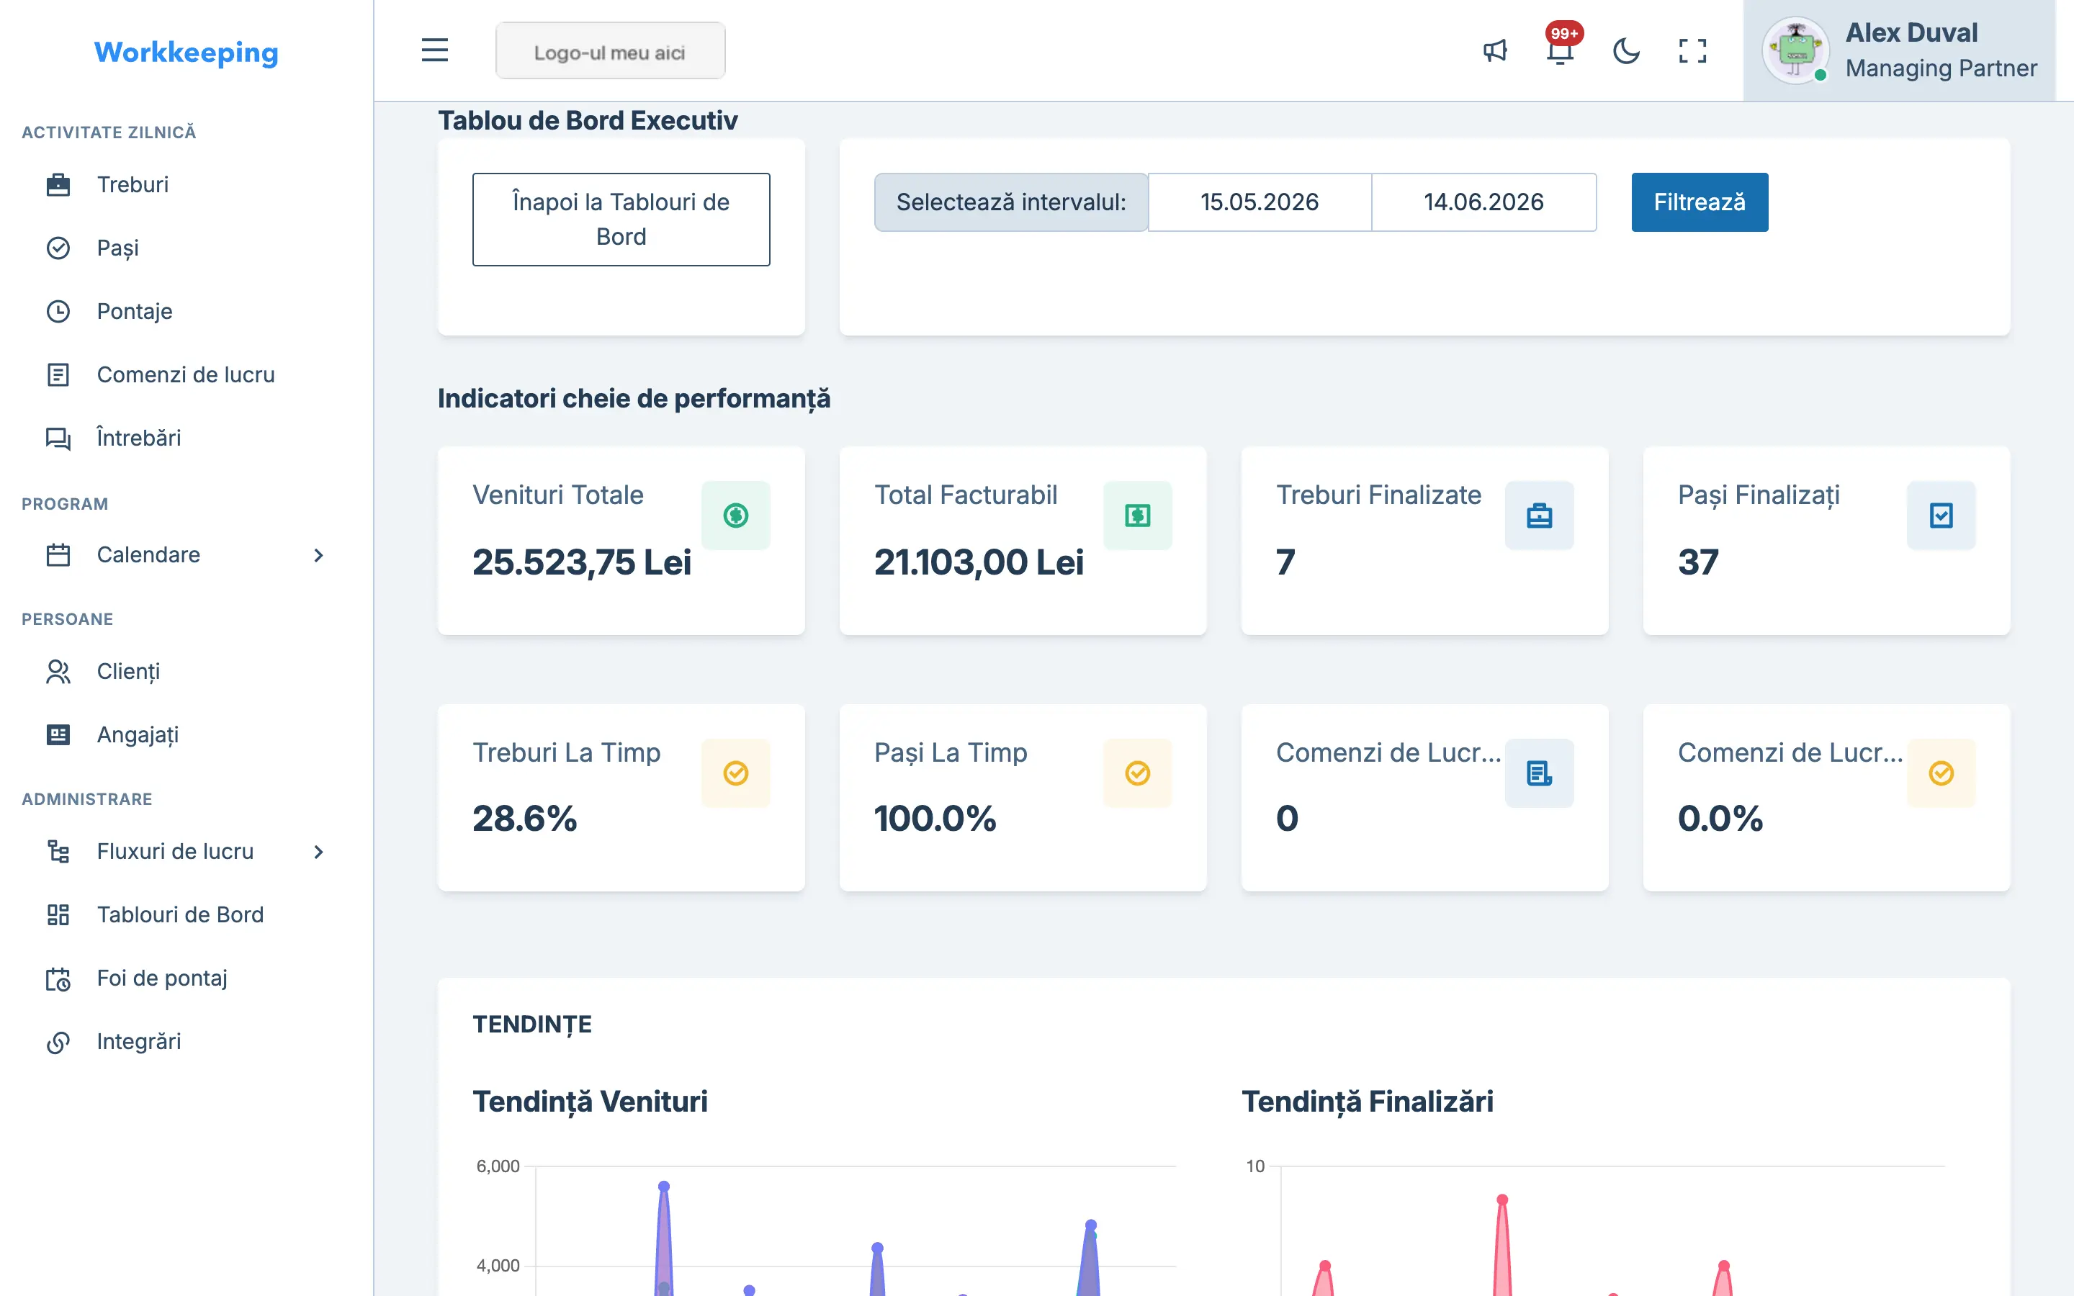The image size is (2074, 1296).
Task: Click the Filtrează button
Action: [x=1699, y=202]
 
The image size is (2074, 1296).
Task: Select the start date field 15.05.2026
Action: [x=1259, y=202]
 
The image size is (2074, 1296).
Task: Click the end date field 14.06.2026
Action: [x=1483, y=202]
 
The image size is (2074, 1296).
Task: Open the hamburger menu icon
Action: [x=434, y=50]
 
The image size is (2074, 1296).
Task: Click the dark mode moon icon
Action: [x=1626, y=50]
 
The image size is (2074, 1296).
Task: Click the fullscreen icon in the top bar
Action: [x=1692, y=50]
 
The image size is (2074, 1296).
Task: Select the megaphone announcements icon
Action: [x=1495, y=50]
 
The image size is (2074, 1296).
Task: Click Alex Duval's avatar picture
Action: [x=1795, y=50]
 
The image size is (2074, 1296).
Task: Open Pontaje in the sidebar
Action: [x=135, y=311]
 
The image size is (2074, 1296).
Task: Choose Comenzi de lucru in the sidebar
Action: [x=185, y=374]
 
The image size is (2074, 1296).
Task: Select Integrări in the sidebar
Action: [x=139, y=1041]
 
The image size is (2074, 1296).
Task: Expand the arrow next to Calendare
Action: [x=319, y=555]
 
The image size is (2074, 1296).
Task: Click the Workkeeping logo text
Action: [x=186, y=53]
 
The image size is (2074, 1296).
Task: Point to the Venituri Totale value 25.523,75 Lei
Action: [x=581, y=562]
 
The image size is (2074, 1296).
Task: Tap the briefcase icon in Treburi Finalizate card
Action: [x=1539, y=515]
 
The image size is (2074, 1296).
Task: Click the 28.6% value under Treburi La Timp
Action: [x=524, y=819]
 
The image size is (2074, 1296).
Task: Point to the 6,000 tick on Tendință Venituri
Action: [x=498, y=1166]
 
